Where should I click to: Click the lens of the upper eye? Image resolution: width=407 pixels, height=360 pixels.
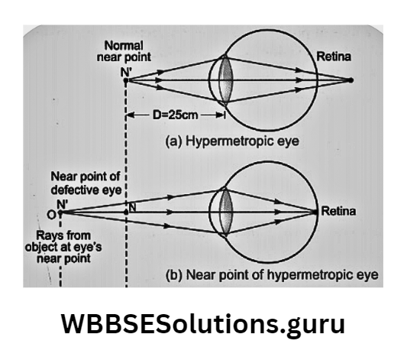[225, 79]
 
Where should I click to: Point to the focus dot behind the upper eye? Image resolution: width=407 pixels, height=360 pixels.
[351, 79]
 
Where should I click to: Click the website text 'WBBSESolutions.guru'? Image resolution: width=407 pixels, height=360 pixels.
[203, 323]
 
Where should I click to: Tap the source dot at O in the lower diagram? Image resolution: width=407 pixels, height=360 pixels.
[59, 214]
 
